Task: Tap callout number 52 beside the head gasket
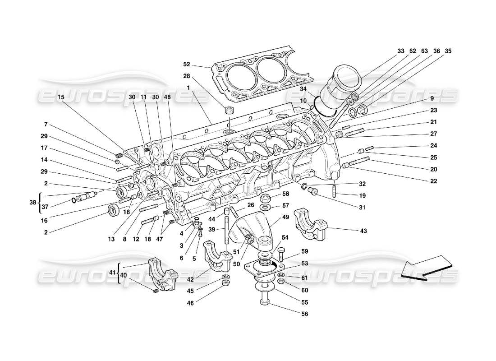click(x=187, y=64)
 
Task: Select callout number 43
click(x=363, y=231)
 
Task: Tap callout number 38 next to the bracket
click(x=32, y=203)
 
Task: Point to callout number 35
click(x=448, y=51)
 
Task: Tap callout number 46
click(x=190, y=303)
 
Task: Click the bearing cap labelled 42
click(x=218, y=256)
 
